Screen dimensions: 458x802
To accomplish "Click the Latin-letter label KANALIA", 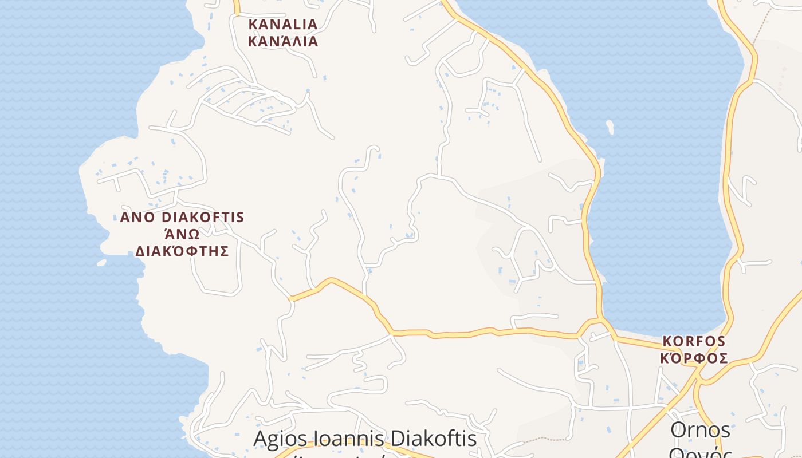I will click(282, 24).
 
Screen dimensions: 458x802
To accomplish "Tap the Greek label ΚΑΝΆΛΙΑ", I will click(282, 41).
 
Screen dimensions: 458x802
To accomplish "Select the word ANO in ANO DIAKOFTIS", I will click(137, 218).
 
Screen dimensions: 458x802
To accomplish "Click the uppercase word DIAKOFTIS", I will click(203, 218).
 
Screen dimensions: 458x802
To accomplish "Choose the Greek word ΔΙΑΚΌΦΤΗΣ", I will click(182, 251).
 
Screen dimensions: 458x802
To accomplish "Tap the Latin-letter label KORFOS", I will click(694, 341).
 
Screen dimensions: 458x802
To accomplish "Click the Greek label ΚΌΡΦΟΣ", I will click(694, 358).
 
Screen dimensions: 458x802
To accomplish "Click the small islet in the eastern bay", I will click(610, 127).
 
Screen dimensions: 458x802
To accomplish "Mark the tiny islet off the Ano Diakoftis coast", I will click(101, 263).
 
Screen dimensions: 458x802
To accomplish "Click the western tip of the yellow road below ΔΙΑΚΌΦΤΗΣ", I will click(292, 298).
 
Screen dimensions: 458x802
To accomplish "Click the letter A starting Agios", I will click(261, 439).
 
